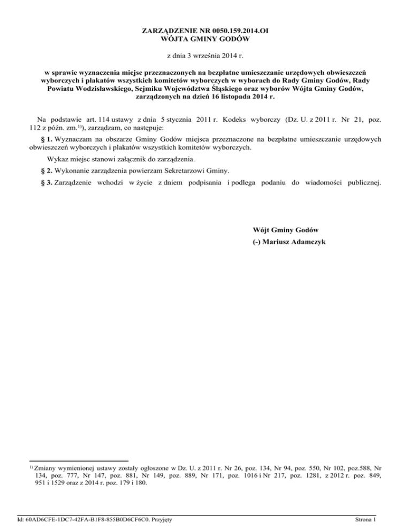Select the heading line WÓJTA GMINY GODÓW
205,40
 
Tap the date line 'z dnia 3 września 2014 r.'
205,56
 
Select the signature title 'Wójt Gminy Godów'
285,230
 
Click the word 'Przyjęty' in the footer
169,519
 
